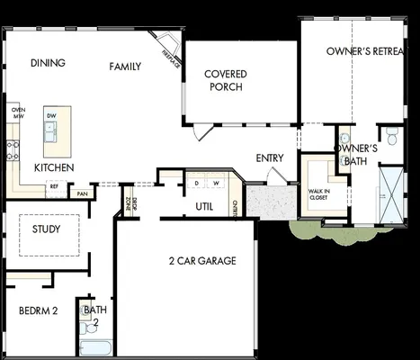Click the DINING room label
click(x=48, y=63)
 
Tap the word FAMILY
click(x=126, y=67)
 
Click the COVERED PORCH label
click(x=226, y=80)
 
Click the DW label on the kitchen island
click(x=52, y=116)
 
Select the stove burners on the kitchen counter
click(x=13, y=149)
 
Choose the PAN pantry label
click(x=82, y=193)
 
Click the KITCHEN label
click(x=54, y=168)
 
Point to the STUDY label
click(x=47, y=229)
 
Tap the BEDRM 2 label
click(x=38, y=311)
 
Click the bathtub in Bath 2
click(x=94, y=347)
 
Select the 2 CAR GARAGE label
click(x=202, y=261)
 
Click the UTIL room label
click(x=205, y=206)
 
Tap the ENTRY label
click(x=270, y=158)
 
